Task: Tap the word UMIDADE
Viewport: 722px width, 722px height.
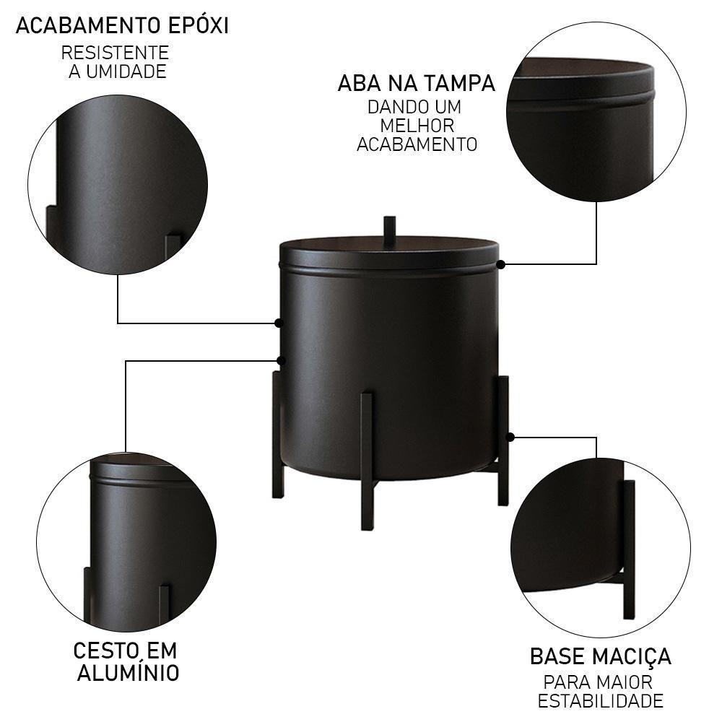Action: pyautogui.click(x=127, y=71)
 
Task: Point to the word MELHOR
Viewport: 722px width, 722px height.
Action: pyautogui.click(x=417, y=125)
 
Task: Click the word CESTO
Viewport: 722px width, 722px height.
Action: pyautogui.click(x=106, y=651)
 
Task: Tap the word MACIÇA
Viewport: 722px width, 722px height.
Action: pyautogui.click(x=632, y=656)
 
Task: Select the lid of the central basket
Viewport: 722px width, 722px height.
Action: pyautogui.click(x=389, y=253)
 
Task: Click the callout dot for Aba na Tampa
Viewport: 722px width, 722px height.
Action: pyautogui.click(x=500, y=264)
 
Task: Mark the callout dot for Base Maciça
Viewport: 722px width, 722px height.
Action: pyautogui.click(x=510, y=437)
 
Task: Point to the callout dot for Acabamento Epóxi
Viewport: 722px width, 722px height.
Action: pyautogui.click(x=279, y=323)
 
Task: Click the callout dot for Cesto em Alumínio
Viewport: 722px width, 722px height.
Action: pyautogui.click(x=281, y=360)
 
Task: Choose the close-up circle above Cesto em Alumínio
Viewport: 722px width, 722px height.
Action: pyautogui.click(x=126, y=541)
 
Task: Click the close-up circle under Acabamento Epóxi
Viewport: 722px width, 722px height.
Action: pyautogui.click(x=118, y=185)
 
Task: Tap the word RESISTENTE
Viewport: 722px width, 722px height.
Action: pyautogui.click(x=115, y=53)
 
